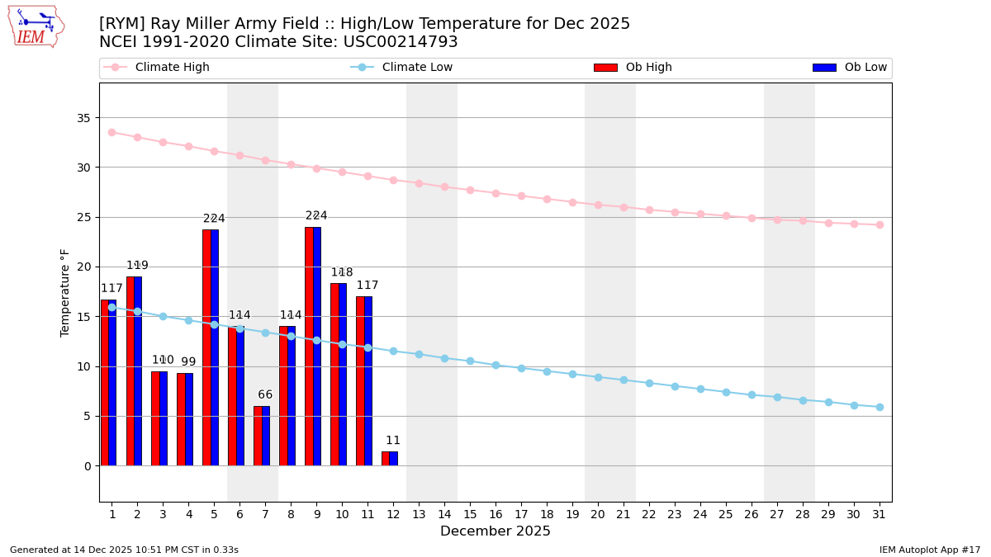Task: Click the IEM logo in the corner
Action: pyautogui.click(x=36, y=26)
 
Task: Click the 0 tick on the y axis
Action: pyautogui.click(x=88, y=466)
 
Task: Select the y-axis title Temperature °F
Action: pyautogui.click(x=65, y=292)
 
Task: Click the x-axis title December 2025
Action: pyautogui.click(x=495, y=531)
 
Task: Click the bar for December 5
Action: pyautogui.click(x=211, y=347)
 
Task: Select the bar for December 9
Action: pyautogui.click(x=313, y=347)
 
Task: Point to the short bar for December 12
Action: pyautogui.click(x=390, y=459)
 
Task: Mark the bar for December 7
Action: pyautogui.click(x=262, y=436)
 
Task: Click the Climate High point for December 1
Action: pyautogui.click(x=111, y=132)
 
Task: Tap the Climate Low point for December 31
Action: pyautogui.click(x=880, y=407)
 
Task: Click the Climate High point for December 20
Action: pyautogui.click(x=598, y=205)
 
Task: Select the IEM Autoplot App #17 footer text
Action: pyautogui.click(x=929, y=550)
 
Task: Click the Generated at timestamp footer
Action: pyautogui.click(x=124, y=550)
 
